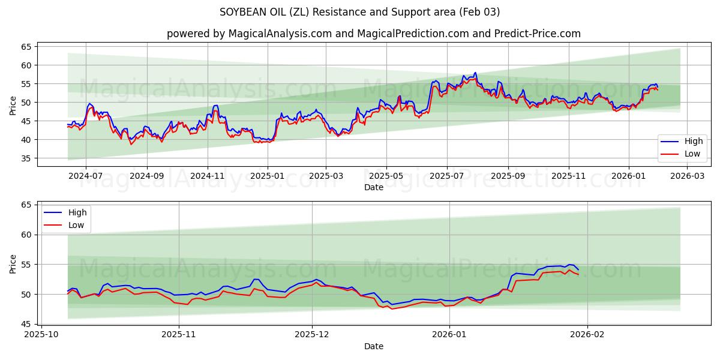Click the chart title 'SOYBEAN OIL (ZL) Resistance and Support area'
tap(360, 12)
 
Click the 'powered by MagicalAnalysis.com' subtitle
tap(374, 34)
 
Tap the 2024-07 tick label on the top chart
tap(85, 176)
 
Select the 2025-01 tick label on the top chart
tap(267, 176)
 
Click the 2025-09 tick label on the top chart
tap(508, 176)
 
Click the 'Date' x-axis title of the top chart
tap(373, 187)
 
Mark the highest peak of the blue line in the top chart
tap(475, 73)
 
